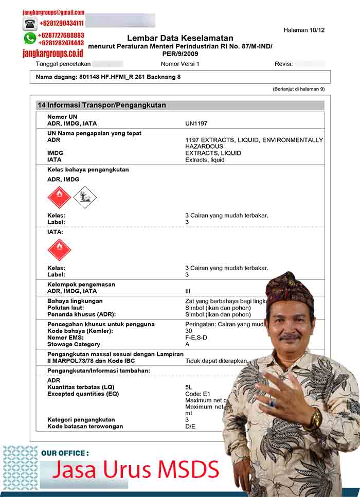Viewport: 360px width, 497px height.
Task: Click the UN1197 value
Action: [x=196, y=123]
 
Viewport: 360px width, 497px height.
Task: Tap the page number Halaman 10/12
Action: [x=304, y=30]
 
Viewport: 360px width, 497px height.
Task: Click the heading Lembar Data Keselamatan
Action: [x=180, y=38]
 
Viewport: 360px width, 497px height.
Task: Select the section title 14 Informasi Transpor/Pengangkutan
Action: [x=102, y=105]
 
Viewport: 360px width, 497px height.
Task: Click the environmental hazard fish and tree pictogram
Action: [x=85, y=197]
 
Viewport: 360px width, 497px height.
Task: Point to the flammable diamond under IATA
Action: [x=59, y=250]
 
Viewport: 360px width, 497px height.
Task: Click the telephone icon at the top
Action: [x=30, y=24]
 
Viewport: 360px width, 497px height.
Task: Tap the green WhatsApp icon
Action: [x=30, y=39]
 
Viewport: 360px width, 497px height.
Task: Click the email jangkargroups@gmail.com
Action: [x=53, y=12]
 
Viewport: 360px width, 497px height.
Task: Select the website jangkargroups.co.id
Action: [x=53, y=53]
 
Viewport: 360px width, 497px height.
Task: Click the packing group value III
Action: [x=188, y=291]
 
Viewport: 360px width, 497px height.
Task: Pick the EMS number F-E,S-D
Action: [x=196, y=338]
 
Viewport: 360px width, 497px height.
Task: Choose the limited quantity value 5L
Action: [x=189, y=387]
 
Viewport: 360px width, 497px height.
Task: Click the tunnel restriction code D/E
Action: [x=190, y=427]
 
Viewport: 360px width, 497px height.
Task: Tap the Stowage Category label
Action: [x=74, y=344]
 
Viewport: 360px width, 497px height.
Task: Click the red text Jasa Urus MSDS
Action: [x=136, y=469]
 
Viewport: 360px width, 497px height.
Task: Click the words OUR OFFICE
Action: [x=65, y=453]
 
